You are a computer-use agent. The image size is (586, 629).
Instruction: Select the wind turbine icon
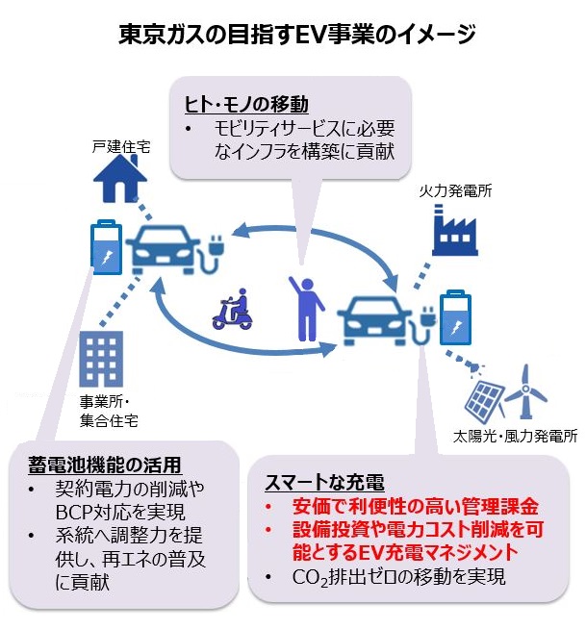(x=525, y=391)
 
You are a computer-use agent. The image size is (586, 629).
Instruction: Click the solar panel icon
(x=484, y=399)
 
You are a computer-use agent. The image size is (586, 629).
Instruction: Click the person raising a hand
(x=306, y=308)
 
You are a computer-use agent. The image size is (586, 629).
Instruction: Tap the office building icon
(x=101, y=359)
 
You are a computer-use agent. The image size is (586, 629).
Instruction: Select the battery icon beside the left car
(x=106, y=247)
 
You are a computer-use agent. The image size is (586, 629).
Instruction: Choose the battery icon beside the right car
(x=455, y=317)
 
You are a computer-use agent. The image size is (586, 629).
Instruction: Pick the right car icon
(x=374, y=320)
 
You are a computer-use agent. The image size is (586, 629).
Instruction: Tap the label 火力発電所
(x=455, y=191)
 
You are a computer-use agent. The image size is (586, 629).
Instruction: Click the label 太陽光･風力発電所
(x=516, y=436)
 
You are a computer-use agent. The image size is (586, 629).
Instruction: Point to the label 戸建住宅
(x=121, y=147)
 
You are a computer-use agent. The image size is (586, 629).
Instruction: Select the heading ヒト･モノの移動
(x=246, y=105)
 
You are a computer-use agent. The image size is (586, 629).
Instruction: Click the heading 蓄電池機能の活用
(x=105, y=465)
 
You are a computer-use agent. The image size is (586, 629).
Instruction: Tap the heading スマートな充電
(x=324, y=482)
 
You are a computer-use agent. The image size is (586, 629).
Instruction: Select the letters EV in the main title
(x=310, y=35)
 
